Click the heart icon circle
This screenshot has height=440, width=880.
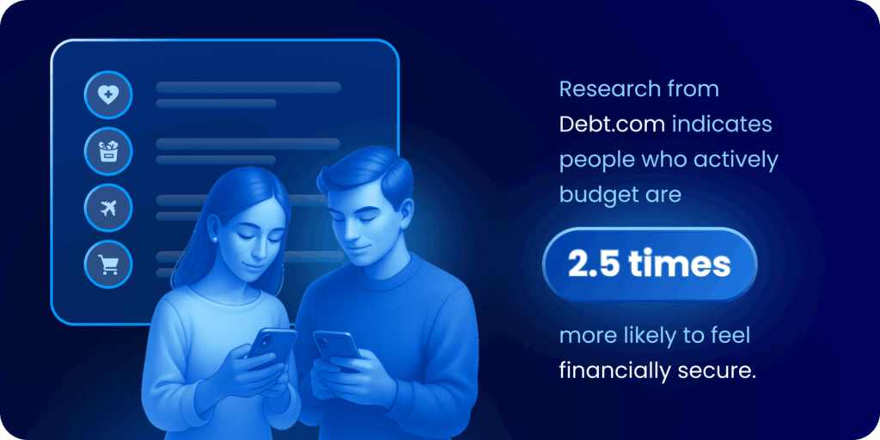(x=108, y=95)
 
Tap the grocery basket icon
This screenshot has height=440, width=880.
(x=108, y=151)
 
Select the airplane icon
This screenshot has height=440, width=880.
(x=108, y=208)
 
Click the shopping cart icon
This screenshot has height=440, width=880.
(x=108, y=264)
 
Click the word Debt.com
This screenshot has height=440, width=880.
(x=613, y=125)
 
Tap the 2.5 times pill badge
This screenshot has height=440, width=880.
(x=650, y=265)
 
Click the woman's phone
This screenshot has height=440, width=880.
(x=272, y=345)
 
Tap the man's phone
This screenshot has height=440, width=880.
(x=336, y=349)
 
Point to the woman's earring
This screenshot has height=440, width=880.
(x=214, y=239)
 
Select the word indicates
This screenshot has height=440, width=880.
(x=722, y=125)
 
